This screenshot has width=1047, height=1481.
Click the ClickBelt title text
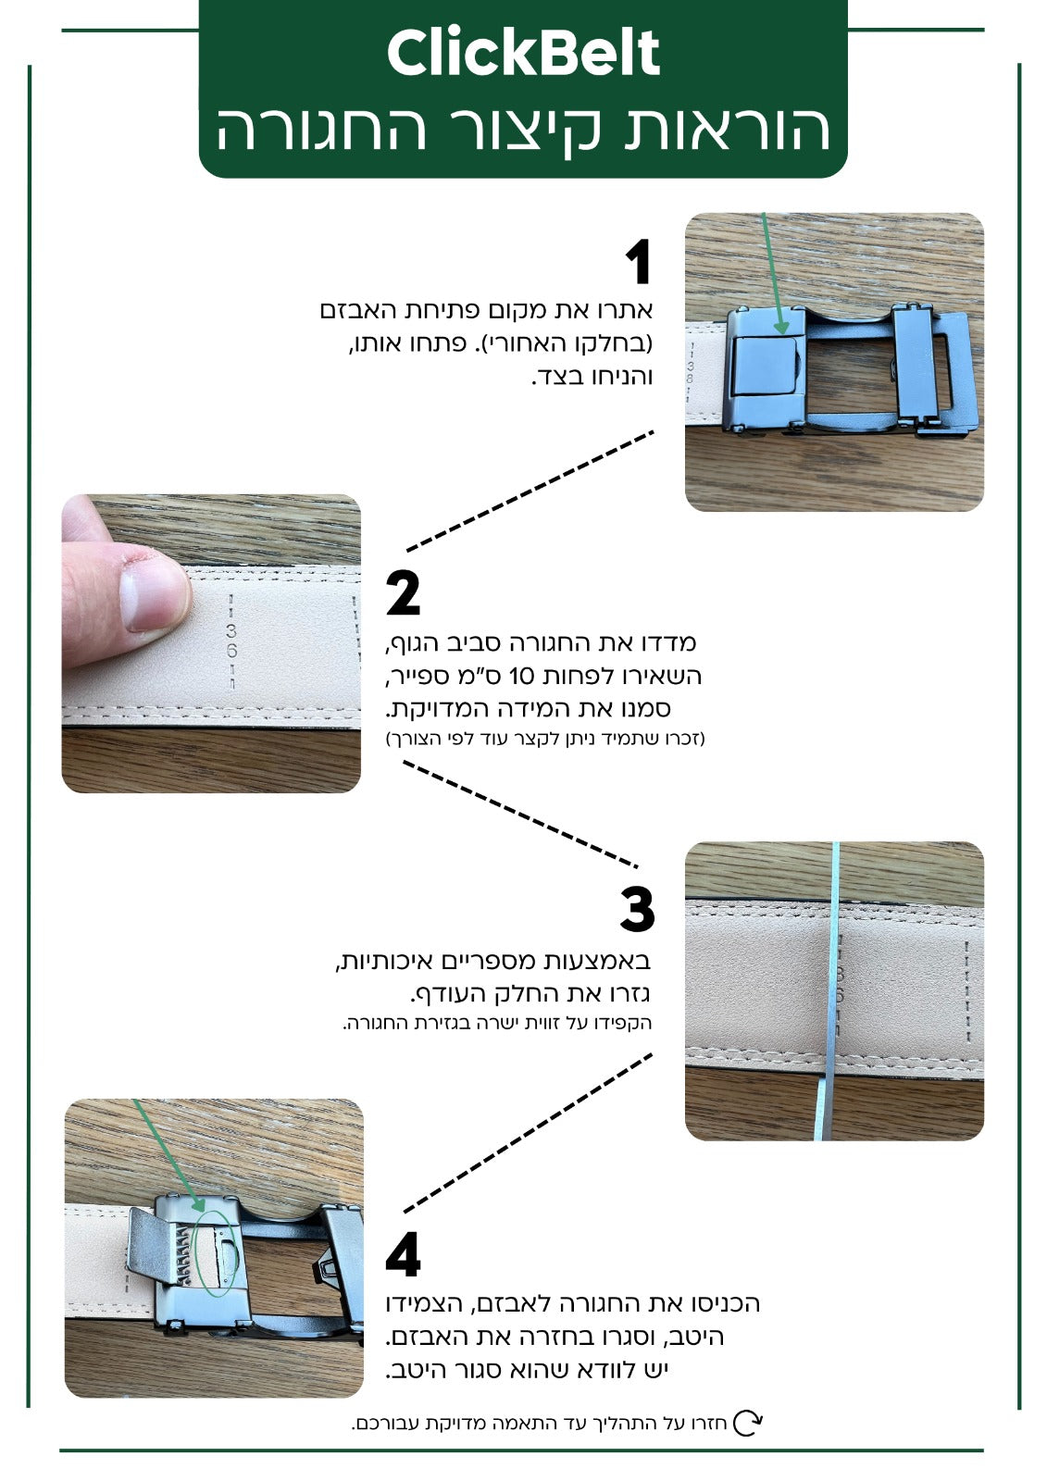point(523,53)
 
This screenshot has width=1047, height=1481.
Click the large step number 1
point(638,262)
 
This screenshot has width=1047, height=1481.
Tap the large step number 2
point(403,592)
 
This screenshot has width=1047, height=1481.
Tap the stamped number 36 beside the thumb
point(231,640)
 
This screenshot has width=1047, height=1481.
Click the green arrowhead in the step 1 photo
point(781,327)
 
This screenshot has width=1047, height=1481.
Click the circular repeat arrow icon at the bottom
point(748,1423)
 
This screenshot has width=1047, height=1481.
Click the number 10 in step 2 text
point(521,677)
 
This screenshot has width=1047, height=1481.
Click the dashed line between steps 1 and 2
point(530,492)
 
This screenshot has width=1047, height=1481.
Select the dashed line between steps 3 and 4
point(528,1133)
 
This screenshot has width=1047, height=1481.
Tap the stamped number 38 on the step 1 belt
point(690,371)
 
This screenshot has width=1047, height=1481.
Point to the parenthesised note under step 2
point(545,738)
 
